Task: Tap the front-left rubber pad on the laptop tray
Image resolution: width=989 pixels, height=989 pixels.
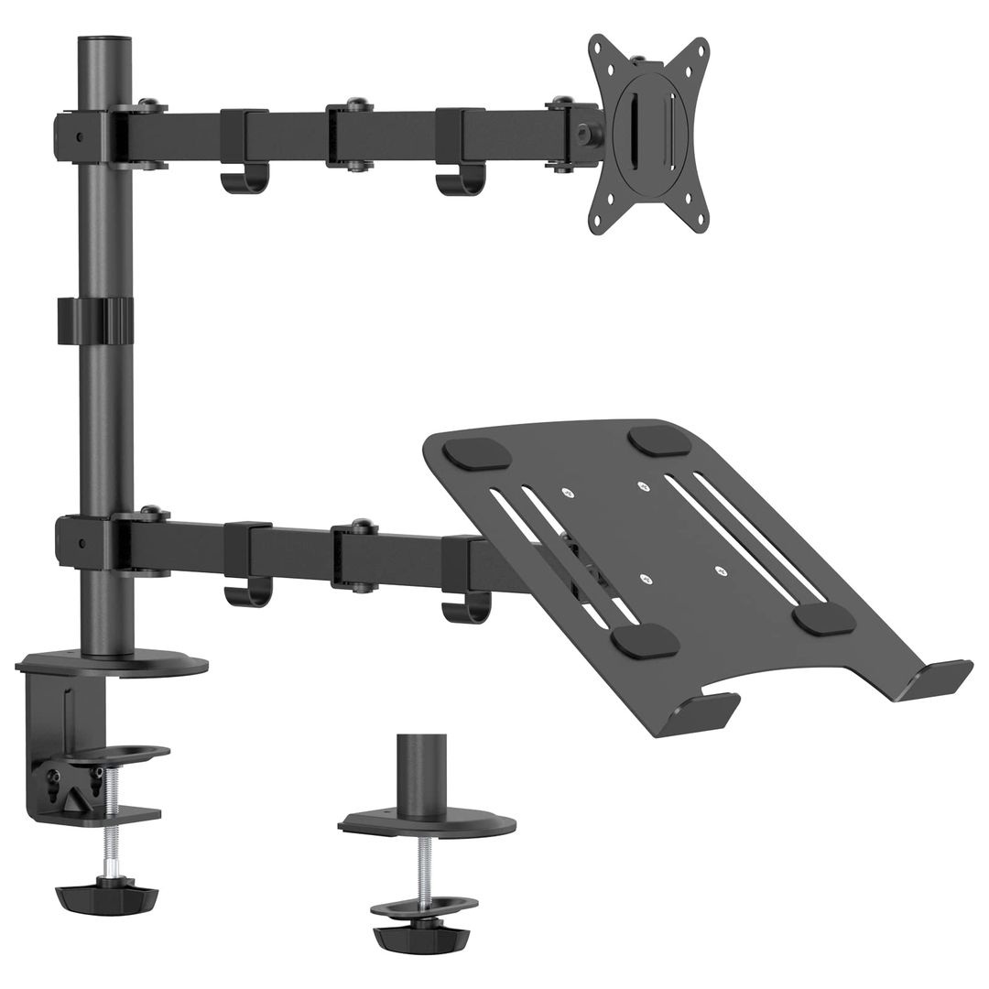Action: pos(645,641)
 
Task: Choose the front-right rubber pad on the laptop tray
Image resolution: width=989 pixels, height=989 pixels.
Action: pos(824,618)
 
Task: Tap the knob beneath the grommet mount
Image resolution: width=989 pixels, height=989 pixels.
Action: pos(420,936)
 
